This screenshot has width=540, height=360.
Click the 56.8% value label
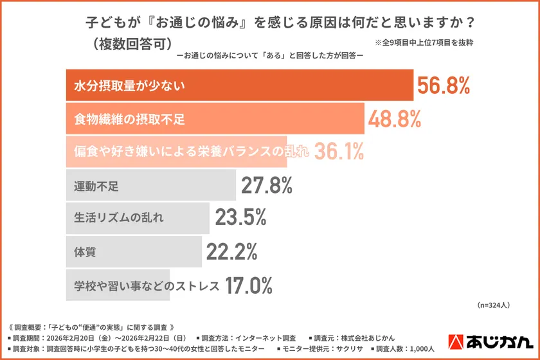pos(444,85)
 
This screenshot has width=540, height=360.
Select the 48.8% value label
pos(395,118)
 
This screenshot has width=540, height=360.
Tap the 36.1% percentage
pos(339,152)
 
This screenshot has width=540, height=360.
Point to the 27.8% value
pos(267,185)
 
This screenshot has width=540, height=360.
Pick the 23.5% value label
pos(240,218)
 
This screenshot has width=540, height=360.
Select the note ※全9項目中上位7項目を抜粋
pos(424,43)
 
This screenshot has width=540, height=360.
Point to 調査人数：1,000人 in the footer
pos(404,349)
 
